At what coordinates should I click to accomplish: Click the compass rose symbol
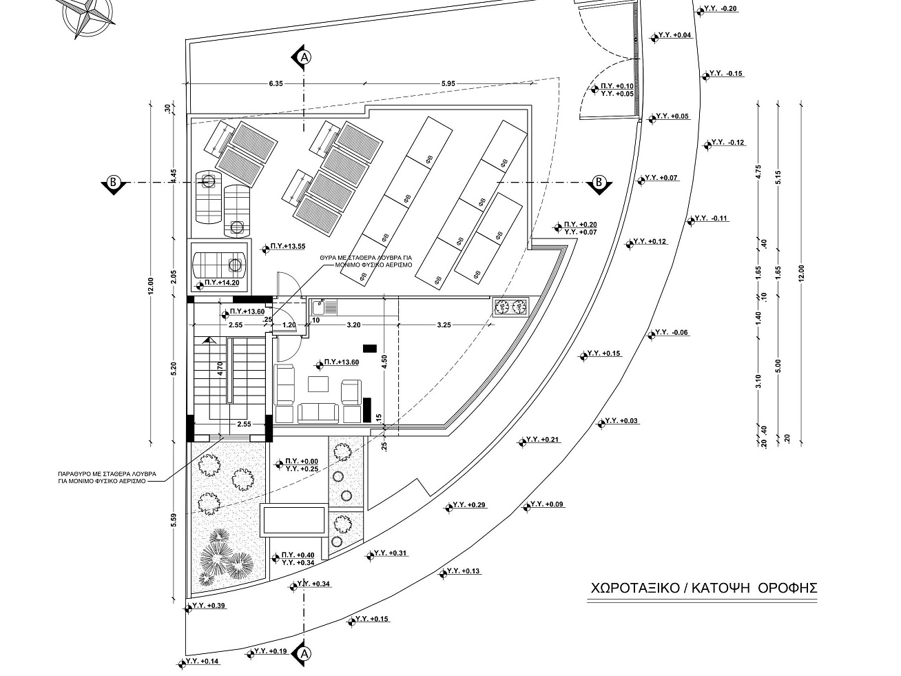point(85,17)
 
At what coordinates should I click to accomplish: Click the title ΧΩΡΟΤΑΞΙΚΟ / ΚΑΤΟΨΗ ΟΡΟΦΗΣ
point(703,588)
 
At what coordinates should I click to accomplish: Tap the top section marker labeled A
point(302,57)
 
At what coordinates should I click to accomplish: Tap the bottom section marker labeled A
point(302,653)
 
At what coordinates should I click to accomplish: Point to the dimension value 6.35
point(276,83)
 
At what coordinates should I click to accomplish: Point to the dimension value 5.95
point(448,83)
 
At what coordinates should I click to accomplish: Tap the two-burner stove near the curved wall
point(510,307)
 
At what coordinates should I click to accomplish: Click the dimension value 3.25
point(444,325)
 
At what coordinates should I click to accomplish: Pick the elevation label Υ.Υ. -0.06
point(672,333)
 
